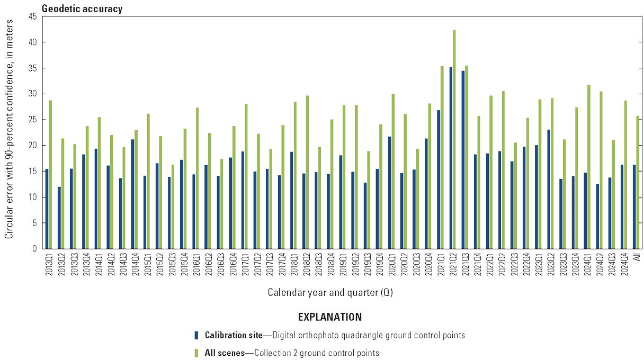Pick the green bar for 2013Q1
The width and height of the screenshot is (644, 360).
tap(50, 174)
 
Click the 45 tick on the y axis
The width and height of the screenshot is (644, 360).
tap(33, 16)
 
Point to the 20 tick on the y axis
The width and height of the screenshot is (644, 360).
tap(33, 146)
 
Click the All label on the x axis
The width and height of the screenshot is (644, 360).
tap(636, 258)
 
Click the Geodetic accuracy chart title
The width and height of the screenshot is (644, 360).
tap(82, 8)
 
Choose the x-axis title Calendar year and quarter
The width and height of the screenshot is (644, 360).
tap(330, 292)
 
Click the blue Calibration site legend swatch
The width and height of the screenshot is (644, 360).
tap(196, 335)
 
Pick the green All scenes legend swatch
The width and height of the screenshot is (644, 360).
tap(196, 353)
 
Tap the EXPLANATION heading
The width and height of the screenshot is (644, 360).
tap(330, 317)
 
